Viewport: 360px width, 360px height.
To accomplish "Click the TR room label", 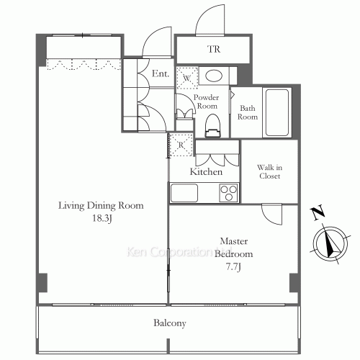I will coord(214,50).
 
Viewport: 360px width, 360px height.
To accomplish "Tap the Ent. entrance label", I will coord(161,74).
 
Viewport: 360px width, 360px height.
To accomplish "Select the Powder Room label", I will coord(207,102).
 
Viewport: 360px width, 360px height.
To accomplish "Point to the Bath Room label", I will coord(248,112).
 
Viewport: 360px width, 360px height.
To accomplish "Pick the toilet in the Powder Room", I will coord(211,125).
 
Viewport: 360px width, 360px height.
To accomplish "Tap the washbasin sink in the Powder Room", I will coord(213,76).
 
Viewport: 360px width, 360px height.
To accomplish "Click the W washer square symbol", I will coord(186,76).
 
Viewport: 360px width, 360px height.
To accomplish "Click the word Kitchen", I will coord(206,172).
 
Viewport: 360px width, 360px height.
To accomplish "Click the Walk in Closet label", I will coord(269,171).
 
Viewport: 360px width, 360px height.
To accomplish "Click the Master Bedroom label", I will coord(235,248).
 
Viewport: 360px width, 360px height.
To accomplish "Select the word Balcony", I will coord(170,323).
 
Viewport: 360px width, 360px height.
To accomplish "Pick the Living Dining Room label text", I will coord(101,205).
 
